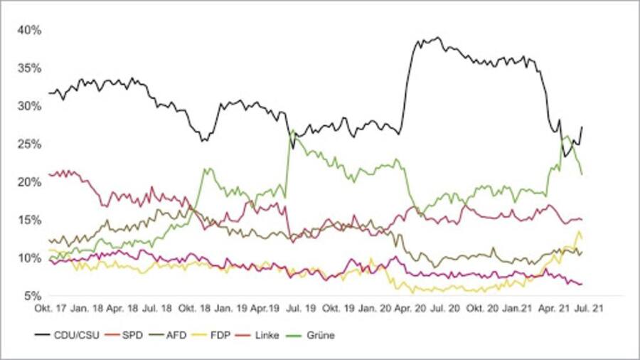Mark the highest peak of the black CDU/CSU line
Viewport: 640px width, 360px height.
pyautogui.click(x=438, y=38)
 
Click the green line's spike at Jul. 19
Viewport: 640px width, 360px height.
pyautogui.click(x=292, y=130)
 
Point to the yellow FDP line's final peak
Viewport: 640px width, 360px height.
pyautogui.click(x=579, y=232)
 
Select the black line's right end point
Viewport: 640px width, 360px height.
pyautogui.click(x=582, y=127)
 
